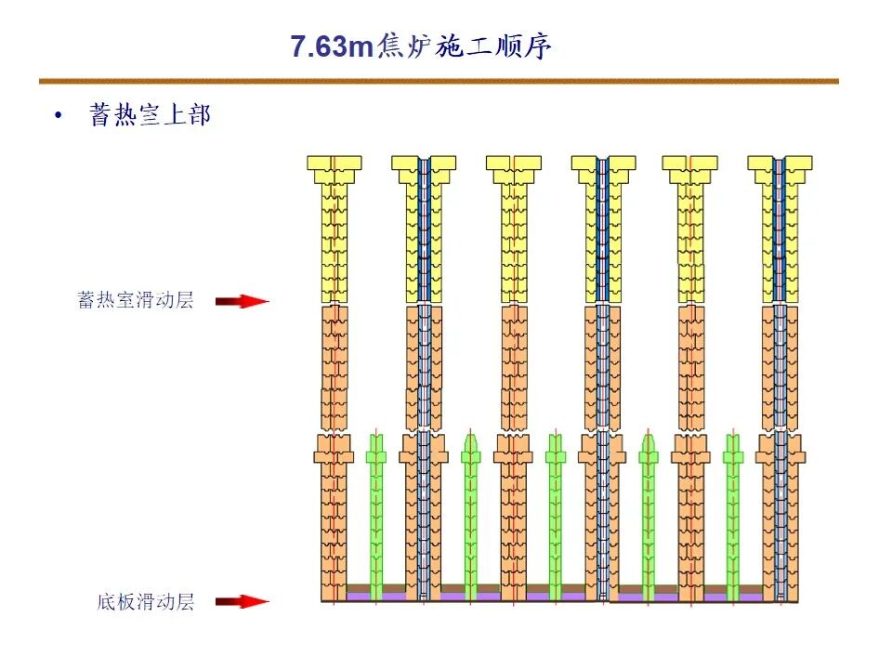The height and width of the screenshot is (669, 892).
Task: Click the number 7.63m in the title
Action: pos(331,46)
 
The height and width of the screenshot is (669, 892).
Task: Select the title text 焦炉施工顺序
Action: pos(465,46)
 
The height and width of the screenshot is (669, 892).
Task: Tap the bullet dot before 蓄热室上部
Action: pos(60,116)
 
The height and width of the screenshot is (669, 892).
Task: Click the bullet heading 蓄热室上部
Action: pos(150,115)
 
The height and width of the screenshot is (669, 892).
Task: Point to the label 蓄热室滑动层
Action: pos(136,301)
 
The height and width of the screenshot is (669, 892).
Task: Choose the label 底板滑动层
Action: pos(146,602)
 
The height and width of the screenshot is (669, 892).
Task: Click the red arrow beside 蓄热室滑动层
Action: pos(241,301)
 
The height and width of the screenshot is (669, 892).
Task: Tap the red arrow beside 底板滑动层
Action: pos(241,602)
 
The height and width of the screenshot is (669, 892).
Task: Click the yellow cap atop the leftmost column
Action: pos(334,164)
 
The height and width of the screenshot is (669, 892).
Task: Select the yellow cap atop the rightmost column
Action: pos(779,164)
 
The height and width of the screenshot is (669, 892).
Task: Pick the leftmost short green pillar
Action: pos(375,511)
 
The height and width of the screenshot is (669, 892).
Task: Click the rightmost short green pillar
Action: pos(733,511)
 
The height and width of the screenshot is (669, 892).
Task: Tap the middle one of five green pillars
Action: pos(555,511)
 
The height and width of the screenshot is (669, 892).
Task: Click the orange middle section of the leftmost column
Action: pos(334,367)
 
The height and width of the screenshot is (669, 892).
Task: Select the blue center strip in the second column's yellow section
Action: pos(424,232)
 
